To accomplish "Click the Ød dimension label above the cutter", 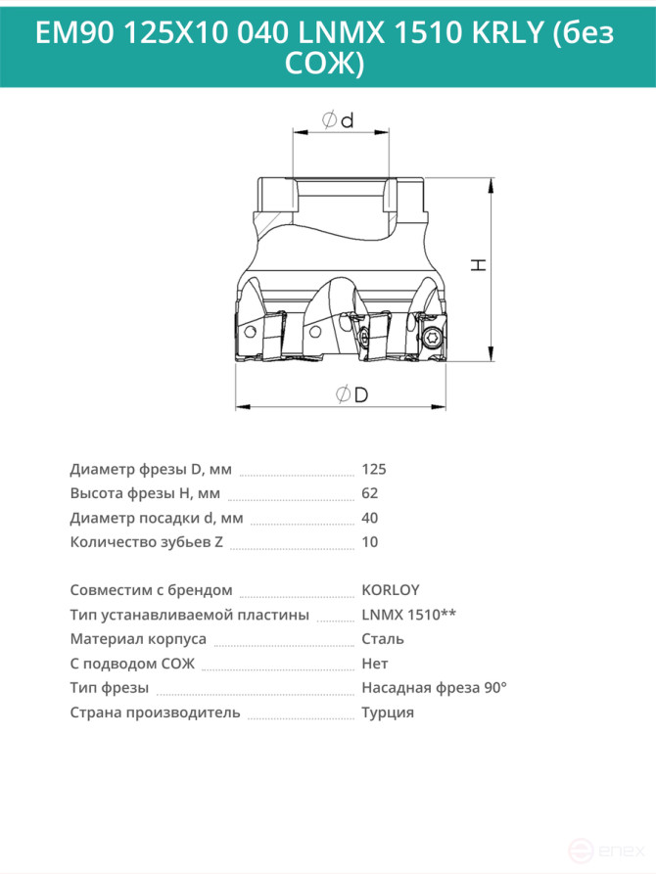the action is click(338, 119).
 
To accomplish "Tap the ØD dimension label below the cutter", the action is click(351, 394).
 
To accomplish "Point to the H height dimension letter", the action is click(479, 265).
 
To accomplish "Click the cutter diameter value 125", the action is click(374, 469).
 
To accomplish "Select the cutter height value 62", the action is click(370, 493).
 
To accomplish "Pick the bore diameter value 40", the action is click(370, 518).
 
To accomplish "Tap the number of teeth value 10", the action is click(370, 542).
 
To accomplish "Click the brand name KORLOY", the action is click(391, 590).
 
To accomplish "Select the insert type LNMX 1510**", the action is click(409, 615).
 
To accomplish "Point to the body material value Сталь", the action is click(383, 639).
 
